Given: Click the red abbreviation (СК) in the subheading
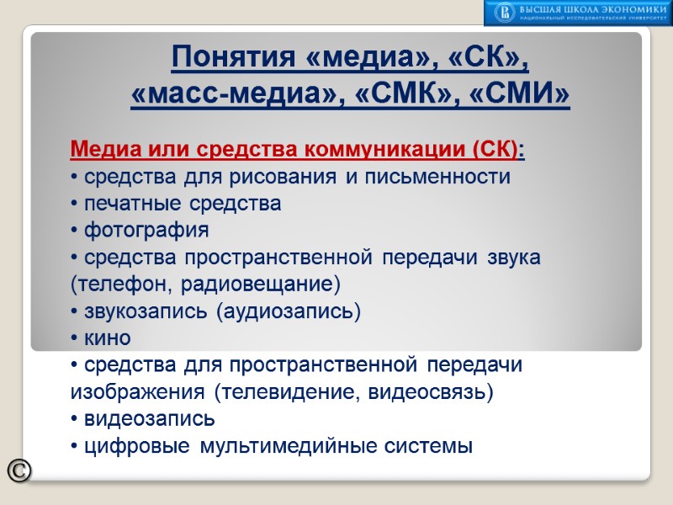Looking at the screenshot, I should point(498,151).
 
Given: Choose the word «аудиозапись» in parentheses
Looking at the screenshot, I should point(289,311).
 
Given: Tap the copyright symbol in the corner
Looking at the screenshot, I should point(19,471).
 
